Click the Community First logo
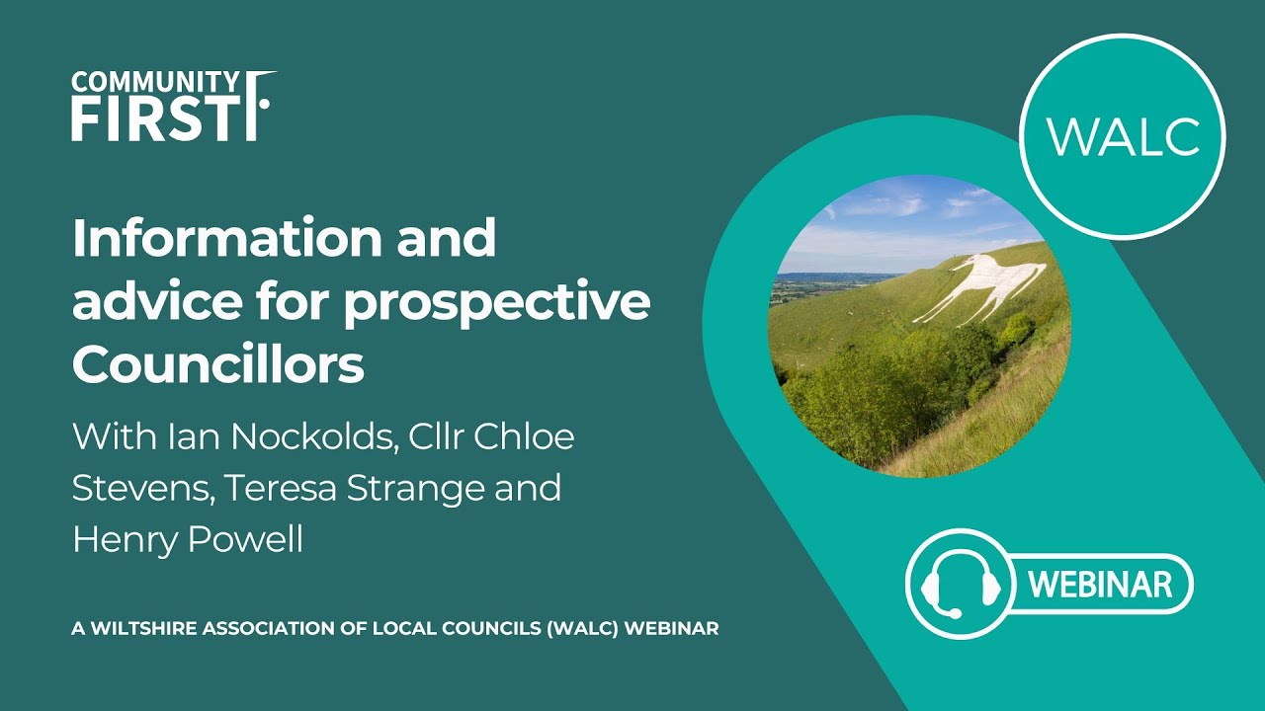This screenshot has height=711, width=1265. pos(173,106)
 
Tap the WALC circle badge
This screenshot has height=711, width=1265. pos(1122,136)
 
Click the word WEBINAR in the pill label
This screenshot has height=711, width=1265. pos(1100,584)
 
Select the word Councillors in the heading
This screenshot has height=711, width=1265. pos(218,365)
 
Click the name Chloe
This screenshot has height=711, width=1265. pos(524,436)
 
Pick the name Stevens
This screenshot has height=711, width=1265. pos(137,488)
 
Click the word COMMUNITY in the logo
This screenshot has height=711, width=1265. pos(154,81)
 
